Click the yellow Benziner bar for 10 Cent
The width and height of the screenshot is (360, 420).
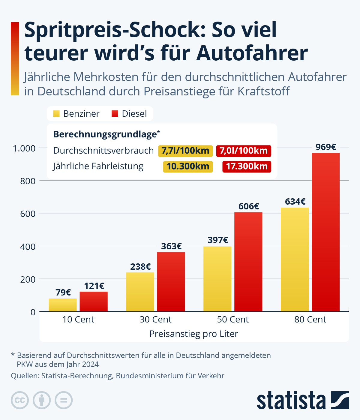pos(63,305)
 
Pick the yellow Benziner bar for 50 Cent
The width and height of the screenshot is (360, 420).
pos(217,279)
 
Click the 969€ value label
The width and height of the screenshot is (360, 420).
pos(325,147)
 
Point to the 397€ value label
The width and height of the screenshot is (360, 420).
pos(218,240)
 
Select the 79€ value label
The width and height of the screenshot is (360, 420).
pos(63,292)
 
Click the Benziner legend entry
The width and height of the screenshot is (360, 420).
pos(76,114)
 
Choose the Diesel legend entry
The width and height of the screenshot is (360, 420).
pos(129,114)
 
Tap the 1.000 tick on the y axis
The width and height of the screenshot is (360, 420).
pos(24,148)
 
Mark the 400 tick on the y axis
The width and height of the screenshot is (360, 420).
pos(28,247)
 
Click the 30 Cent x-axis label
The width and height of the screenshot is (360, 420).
pos(155,319)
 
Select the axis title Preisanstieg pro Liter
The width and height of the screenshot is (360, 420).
pos(193,334)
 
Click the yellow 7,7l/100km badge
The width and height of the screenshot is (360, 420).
pos(185,151)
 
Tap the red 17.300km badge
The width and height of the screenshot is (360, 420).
pos(247,166)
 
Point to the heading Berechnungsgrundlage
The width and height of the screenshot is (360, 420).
pos(105,134)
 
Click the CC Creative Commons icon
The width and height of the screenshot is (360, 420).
pos(20,400)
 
